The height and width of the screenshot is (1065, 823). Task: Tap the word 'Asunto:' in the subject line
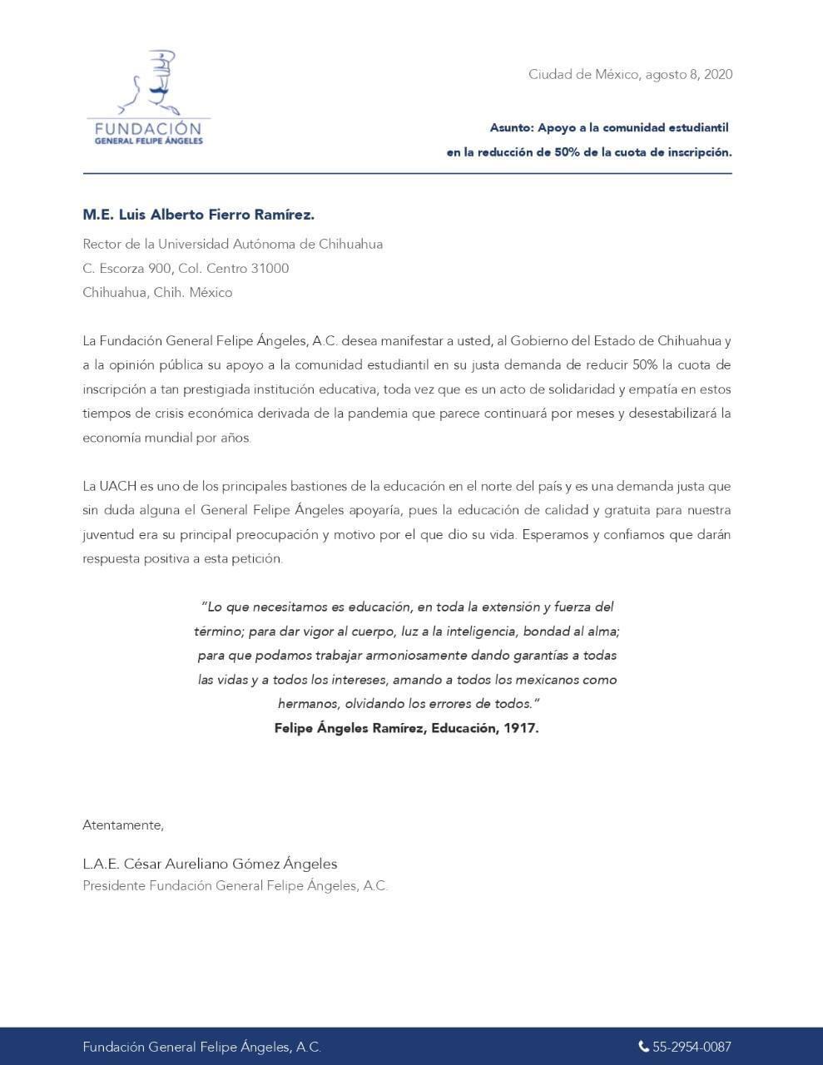pos(511,128)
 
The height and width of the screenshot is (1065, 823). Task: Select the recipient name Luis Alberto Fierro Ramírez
pos(216,215)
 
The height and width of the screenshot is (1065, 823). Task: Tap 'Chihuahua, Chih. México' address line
pos(157,292)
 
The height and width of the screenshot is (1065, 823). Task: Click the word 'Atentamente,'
pos(123,825)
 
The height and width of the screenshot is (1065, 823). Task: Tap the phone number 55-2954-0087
pos(692,1047)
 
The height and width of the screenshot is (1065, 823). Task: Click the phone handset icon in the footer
pos(643,1047)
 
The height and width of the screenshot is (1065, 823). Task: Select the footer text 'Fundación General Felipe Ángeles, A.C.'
pos(201,1047)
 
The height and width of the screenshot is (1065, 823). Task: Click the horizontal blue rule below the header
pos(407,174)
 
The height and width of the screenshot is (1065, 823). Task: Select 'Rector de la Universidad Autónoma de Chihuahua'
pos(232,244)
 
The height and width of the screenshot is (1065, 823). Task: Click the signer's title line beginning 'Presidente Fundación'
pos(235,886)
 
